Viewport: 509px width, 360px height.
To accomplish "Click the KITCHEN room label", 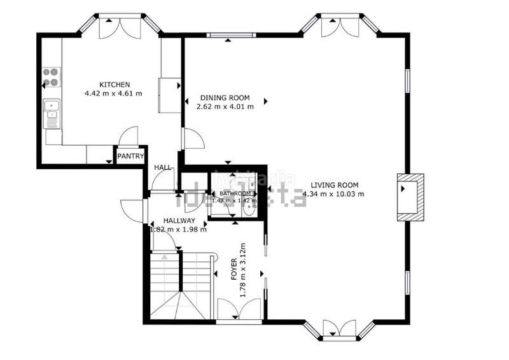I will pyautogui.click(x=115, y=85).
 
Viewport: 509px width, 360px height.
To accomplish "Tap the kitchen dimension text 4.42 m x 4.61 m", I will pyautogui.click(x=113, y=93).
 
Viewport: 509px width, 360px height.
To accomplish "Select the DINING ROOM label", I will pyautogui.click(x=225, y=98).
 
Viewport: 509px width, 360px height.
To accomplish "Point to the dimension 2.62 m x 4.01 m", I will pyautogui.click(x=225, y=107).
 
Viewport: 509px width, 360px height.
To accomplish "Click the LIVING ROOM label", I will pyautogui.click(x=333, y=185).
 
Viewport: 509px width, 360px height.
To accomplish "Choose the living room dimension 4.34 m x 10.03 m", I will pyautogui.click(x=333, y=194).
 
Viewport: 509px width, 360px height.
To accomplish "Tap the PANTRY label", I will pyautogui.click(x=129, y=156).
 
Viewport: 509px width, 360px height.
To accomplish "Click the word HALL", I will pyautogui.click(x=163, y=167).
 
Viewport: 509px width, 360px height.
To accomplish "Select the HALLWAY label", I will pyautogui.click(x=179, y=221).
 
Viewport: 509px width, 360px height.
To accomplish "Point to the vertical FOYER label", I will pyautogui.click(x=235, y=270).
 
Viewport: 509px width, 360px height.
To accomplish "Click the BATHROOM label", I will pyautogui.click(x=234, y=193).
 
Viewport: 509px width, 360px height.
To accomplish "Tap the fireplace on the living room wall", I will pyautogui.click(x=409, y=197).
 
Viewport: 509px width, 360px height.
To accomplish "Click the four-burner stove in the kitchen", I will pyautogui.click(x=51, y=78).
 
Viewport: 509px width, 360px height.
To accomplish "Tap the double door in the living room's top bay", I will pyautogui.click(x=340, y=26).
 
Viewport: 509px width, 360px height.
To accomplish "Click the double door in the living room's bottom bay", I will pyautogui.click(x=340, y=328).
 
